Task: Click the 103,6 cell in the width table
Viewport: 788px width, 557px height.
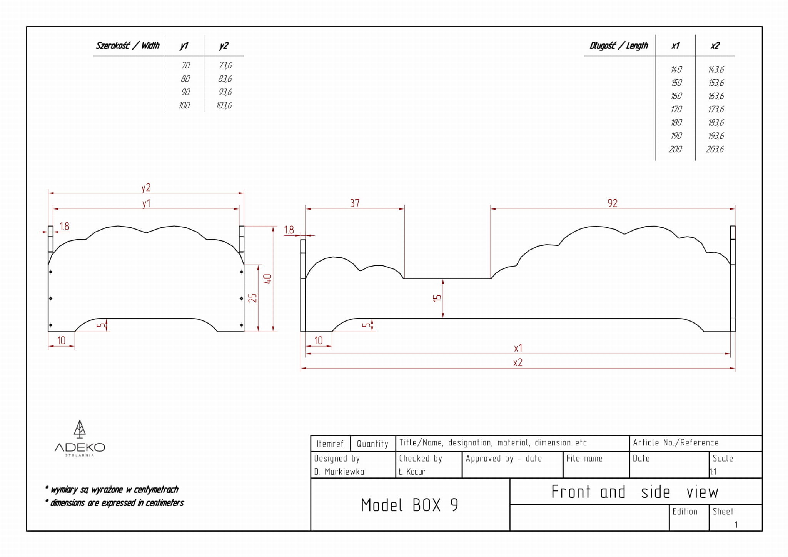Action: pos(224,105)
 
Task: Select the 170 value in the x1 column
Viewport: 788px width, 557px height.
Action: pos(676,109)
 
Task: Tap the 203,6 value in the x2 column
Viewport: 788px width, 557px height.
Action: pos(715,149)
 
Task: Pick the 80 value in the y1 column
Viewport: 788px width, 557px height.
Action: pos(185,79)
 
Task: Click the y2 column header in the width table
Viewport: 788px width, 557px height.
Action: pos(224,46)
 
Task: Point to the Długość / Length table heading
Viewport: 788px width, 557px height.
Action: pos(619,46)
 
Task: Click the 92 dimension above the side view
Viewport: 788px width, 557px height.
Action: pos(613,203)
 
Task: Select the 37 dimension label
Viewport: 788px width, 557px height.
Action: pos(355,203)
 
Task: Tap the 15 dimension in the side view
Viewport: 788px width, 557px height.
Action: pos(437,298)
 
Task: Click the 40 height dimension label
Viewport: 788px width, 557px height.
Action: pos(268,279)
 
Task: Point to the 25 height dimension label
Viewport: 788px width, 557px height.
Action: pos(252,298)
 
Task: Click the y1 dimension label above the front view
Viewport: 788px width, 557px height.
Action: pos(146,203)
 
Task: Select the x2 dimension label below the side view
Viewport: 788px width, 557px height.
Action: pos(518,362)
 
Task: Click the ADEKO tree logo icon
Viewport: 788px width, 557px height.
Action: pos(80,429)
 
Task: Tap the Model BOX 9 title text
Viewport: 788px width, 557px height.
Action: pos(409,505)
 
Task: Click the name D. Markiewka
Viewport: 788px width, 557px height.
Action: pos(339,472)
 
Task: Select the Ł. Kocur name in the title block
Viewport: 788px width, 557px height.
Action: pos(412,472)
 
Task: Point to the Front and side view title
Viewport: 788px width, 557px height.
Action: pos(634,492)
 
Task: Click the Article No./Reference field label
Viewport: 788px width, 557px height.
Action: pos(676,443)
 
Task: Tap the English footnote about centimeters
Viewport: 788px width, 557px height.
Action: pos(117,503)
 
